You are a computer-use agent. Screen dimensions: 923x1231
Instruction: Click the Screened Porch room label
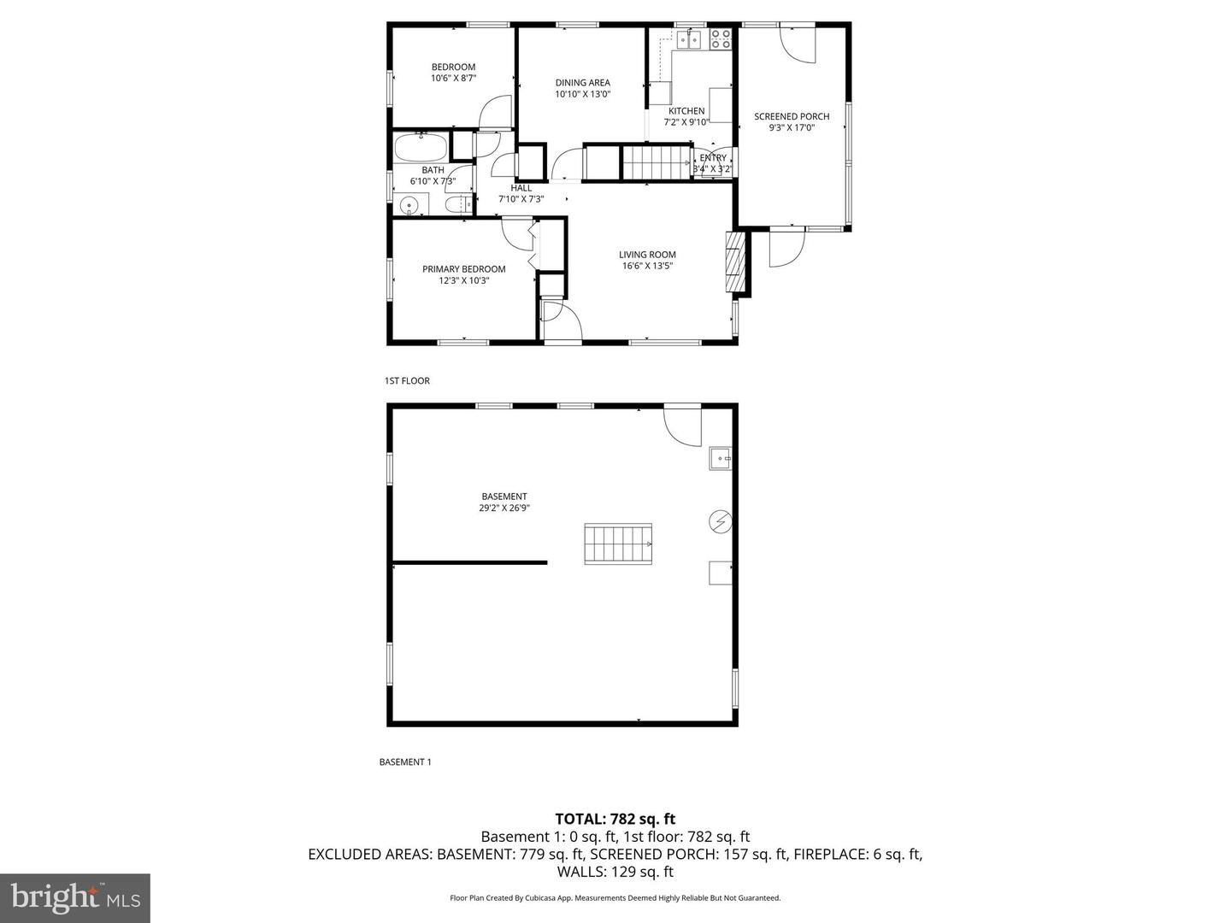coord(792,117)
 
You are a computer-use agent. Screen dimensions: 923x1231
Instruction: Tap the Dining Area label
coord(582,83)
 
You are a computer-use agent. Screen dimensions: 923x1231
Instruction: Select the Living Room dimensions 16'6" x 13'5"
coord(647,266)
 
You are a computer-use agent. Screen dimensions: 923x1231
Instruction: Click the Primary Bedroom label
coord(463,269)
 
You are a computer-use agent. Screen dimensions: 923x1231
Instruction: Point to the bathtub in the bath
coord(421,147)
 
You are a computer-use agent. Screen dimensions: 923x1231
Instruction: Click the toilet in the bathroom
coord(458,205)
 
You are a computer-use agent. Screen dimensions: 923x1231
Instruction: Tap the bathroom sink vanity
coord(411,205)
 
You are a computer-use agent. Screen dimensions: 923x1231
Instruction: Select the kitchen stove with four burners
coord(721,38)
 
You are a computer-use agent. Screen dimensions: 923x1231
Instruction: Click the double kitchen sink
coord(689,38)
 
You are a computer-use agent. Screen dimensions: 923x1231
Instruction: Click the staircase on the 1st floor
coord(656,162)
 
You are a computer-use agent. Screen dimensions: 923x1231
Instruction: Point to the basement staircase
coord(618,544)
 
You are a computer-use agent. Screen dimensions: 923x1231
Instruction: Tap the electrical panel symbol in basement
coord(720,521)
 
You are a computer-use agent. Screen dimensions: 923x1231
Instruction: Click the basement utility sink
coord(720,459)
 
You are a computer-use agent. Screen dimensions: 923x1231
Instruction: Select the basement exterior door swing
coord(683,425)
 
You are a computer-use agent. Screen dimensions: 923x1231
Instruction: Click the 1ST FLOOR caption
coord(407,381)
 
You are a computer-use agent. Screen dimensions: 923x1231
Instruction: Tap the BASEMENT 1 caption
coord(405,762)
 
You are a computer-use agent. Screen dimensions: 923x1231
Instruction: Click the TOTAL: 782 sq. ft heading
coord(615,820)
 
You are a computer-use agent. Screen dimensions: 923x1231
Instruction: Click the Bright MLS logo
coord(75,897)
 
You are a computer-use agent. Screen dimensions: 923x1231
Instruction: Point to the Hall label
coord(521,188)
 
